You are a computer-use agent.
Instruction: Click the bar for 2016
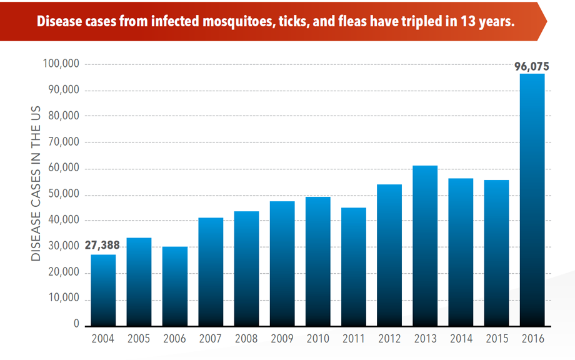coord(532,200)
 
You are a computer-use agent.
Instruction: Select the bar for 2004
coord(103,290)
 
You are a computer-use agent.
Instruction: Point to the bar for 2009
coord(282,263)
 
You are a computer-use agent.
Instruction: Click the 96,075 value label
coord(531,66)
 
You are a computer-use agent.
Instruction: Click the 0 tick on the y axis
coord(76,325)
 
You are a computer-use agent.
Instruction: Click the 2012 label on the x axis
coord(389,339)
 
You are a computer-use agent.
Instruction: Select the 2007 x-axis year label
coord(211,339)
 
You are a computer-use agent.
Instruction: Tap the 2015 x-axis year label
coord(497,339)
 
